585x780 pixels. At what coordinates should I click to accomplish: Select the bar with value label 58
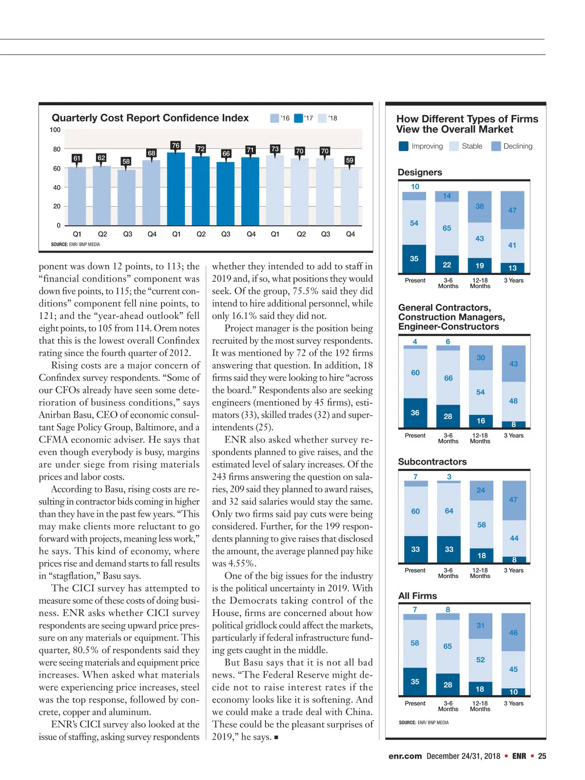click(126, 197)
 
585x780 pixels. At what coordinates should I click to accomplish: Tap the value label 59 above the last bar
click(350, 160)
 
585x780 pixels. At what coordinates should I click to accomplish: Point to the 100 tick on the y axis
click(55, 130)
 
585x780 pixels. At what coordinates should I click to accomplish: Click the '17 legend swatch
click(298, 118)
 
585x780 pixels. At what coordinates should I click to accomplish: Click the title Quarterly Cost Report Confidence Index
click(150, 118)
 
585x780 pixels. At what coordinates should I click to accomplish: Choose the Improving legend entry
click(421, 146)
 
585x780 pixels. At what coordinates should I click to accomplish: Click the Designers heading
click(420, 172)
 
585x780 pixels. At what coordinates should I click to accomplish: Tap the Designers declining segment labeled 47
click(512, 210)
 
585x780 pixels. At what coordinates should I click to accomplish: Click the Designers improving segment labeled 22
click(447, 264)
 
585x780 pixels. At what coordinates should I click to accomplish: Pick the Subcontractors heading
click(432, 462)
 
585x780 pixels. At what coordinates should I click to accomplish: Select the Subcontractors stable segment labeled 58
click(481, 525)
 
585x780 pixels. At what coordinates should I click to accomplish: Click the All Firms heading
click(417, 596)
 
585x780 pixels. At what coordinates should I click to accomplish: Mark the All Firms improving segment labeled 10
click(513, 692)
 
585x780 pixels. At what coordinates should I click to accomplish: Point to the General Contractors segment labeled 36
click(415, 412)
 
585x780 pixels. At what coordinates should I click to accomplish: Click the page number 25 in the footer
click(542, 756)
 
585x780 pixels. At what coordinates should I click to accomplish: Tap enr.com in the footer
click(405, 756)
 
